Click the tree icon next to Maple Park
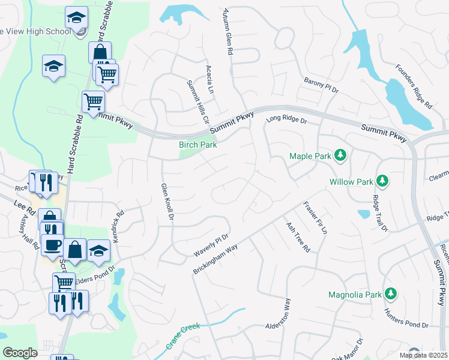pyautogui.click(x=340, y=156)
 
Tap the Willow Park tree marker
pyautogui.click(x=381, y=181)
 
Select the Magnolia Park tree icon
pyautogui.click(x=391, y=294)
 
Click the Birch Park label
pyautogui.click(x=197, y=145)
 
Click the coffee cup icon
pyautogui.click(x=52, y=245)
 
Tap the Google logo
pyautogui.click(x=20, y=352)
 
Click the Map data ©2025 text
pyautogui.click(x=423, y=355)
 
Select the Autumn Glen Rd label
pyautogui.click(x=226, y=32)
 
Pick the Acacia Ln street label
pyautogui.click(x=209, y=79)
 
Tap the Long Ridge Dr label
pyautogui.click(x=286, y=121)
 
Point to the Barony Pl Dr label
pyautogui.click(x=321, y=85)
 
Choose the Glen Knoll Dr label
pyautogui.click(x=166, y=200)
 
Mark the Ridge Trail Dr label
pyautogui.click(x=379, y=213)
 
